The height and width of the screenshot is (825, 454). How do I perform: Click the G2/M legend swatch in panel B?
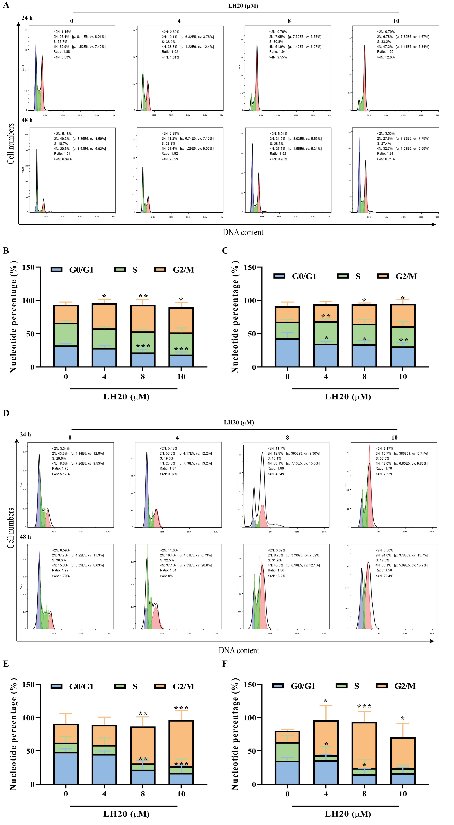click(160, 269)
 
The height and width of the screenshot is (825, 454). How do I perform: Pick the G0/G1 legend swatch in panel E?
click(56, 686)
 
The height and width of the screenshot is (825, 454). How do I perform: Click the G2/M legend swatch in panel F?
click(381, 686)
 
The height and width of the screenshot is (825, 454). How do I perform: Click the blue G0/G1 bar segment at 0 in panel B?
click(66, 356)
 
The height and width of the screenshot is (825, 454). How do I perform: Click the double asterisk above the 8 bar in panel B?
click(143, 296)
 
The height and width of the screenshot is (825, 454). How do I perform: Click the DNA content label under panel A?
click(243, 232)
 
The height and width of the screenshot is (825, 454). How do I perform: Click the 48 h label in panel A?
click(27, 120)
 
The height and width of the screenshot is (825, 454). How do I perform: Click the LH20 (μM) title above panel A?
click(243, 6)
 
